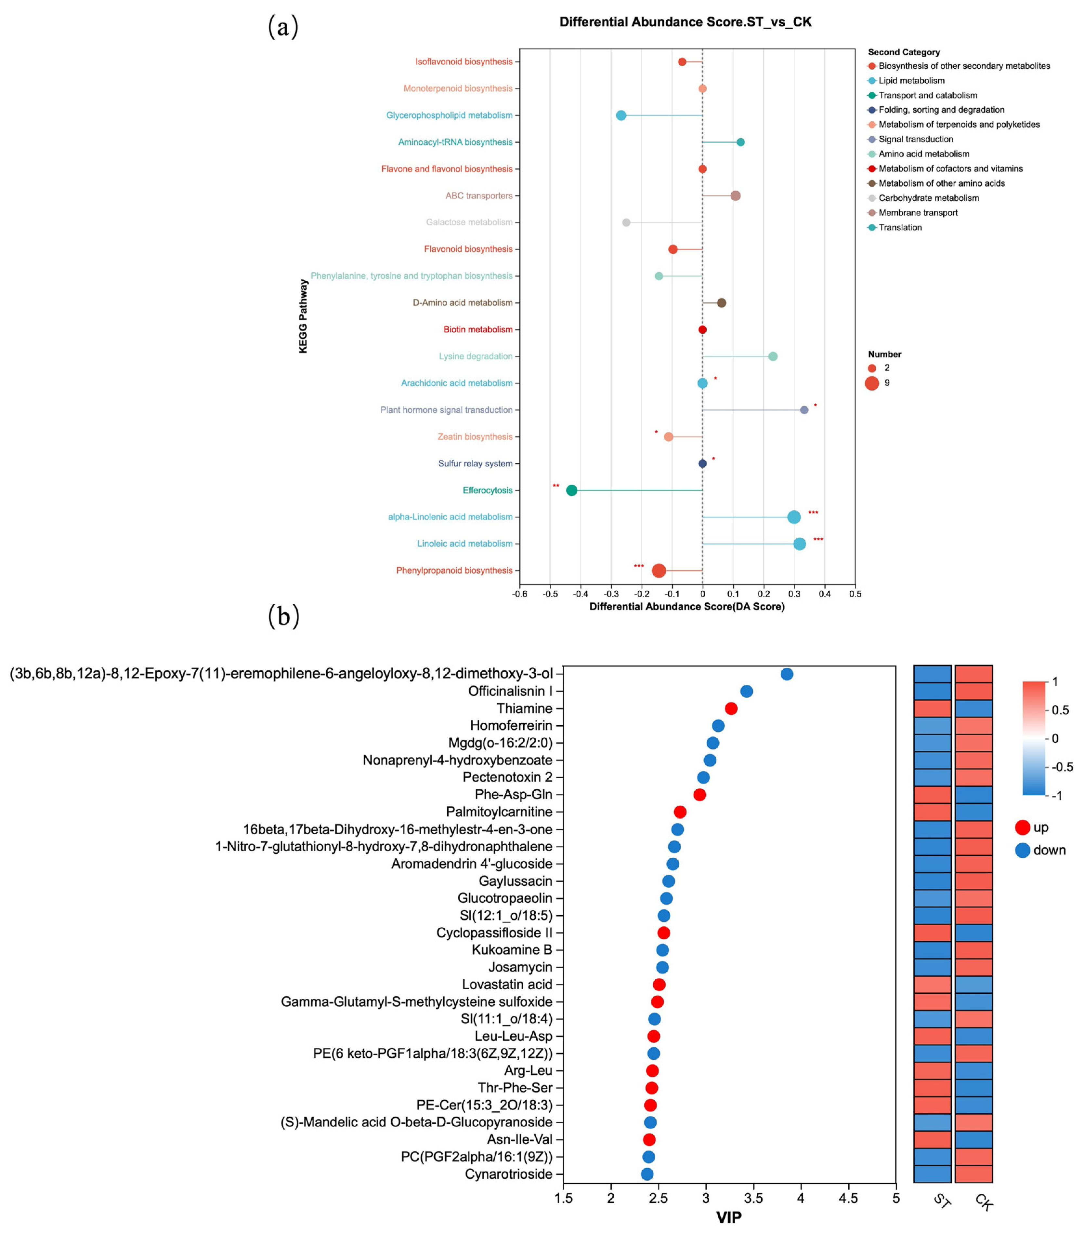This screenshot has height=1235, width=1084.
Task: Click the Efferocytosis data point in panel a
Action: (x=571, y=490)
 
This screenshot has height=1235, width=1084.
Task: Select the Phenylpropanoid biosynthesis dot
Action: (x=659, y=571)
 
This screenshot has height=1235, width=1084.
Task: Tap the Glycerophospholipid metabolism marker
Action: (x=621, y=115)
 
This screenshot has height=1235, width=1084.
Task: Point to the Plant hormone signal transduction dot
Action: (x=804, y=409)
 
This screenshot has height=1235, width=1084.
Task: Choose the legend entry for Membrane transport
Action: (x=918, y=213)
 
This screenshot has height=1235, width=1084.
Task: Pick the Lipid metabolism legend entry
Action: (x=911, y=80)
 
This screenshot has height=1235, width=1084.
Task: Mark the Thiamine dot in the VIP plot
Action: (x=731, y=708)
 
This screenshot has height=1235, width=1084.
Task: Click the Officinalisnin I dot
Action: (x=746, y=691)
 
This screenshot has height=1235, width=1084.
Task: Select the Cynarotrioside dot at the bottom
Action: (x=647, y=1174)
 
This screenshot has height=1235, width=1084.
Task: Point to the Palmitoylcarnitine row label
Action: (x=499, y=812)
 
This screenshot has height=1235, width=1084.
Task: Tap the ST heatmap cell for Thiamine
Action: (x=933, y=708)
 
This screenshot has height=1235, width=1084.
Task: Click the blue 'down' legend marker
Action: (x=1022, y=850)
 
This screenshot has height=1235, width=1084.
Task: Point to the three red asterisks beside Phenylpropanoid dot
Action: (x=638, y=566)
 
